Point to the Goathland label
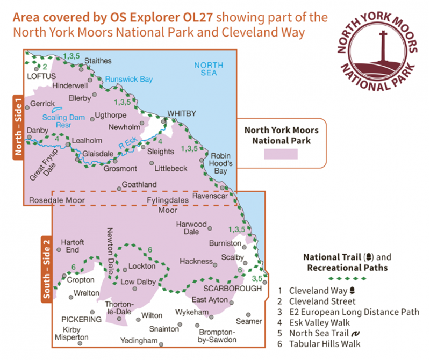tap(139, 184)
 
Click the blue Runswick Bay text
tap(129, 79)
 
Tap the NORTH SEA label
tap(205, 69)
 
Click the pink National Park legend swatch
tap(281, 154)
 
